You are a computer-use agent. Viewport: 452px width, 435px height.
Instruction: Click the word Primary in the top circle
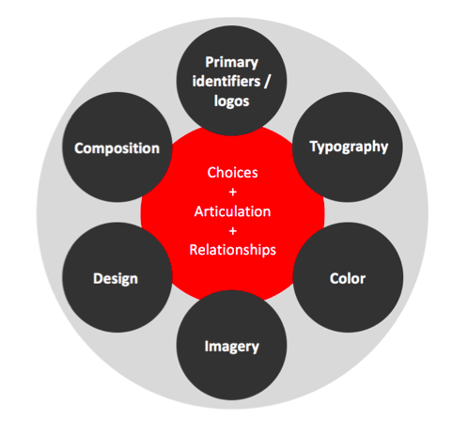point(231,63)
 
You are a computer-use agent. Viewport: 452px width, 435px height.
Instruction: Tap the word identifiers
point(226,81)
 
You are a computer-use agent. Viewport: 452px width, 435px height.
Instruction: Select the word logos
point(231,101)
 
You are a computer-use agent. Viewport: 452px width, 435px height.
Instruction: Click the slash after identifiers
point(267,82)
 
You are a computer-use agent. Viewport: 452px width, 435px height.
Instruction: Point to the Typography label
point(349,147)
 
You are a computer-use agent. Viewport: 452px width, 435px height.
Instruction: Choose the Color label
point(348,278)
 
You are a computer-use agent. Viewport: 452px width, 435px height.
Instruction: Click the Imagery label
point(232,347)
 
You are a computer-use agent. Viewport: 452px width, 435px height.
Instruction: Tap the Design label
point(116,279)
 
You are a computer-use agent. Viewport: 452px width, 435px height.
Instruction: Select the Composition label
point(117,148)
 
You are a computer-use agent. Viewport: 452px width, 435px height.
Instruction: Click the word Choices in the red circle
point(232,173)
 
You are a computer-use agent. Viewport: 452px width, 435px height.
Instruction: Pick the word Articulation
point(232,211)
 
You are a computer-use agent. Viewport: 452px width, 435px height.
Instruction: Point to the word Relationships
point(232,250)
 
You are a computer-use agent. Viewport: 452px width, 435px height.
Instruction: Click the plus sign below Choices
point(232,192)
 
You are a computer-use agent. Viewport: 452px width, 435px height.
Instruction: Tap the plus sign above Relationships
point(232,231)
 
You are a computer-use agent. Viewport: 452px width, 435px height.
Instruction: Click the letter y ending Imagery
point(256,349)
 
